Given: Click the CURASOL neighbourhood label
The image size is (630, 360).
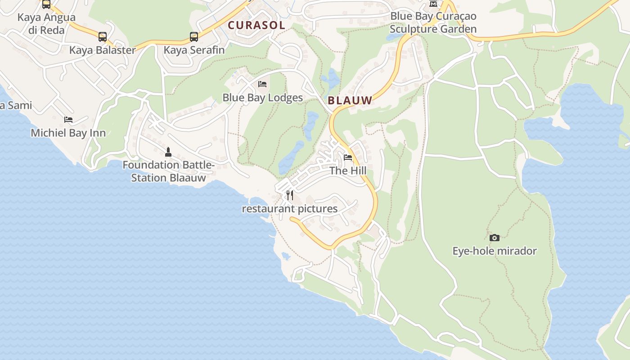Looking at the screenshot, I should coord(256,25).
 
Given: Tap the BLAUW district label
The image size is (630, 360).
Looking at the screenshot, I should coord(350,100).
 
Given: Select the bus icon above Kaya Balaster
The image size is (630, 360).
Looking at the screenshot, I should coord(103,37).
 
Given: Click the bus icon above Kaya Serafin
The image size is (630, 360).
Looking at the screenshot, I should coord(194,37).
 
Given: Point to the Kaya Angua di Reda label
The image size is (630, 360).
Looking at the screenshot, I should coord(46,24).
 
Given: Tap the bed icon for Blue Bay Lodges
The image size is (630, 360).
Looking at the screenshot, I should coord(262,84).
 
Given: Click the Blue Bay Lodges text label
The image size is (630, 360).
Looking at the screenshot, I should coord(263,98).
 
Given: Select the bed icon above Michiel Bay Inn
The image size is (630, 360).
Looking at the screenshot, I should coord(68,120).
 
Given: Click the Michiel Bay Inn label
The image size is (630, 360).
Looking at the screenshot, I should coord(68,133).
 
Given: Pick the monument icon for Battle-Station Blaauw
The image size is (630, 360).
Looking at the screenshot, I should coord(168,152).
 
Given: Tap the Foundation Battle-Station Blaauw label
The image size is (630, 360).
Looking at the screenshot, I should coord(168,171).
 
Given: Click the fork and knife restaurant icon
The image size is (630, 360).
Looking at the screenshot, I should coord(290,195).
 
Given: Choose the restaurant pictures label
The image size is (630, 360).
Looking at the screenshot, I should coord(290,209).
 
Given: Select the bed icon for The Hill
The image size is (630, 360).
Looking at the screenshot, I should coord(348,157).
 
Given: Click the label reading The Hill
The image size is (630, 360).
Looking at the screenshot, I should coord(348,171).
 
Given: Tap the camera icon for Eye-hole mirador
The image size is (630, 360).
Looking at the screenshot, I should coord(495,238).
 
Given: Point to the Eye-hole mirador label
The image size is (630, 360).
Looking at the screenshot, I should coord(495,251).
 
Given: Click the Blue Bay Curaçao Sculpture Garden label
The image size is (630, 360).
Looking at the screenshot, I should coord(433,22).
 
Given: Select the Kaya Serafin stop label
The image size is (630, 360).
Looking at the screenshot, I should coord(194,50).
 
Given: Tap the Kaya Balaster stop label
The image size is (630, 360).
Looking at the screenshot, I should coord(103,50).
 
